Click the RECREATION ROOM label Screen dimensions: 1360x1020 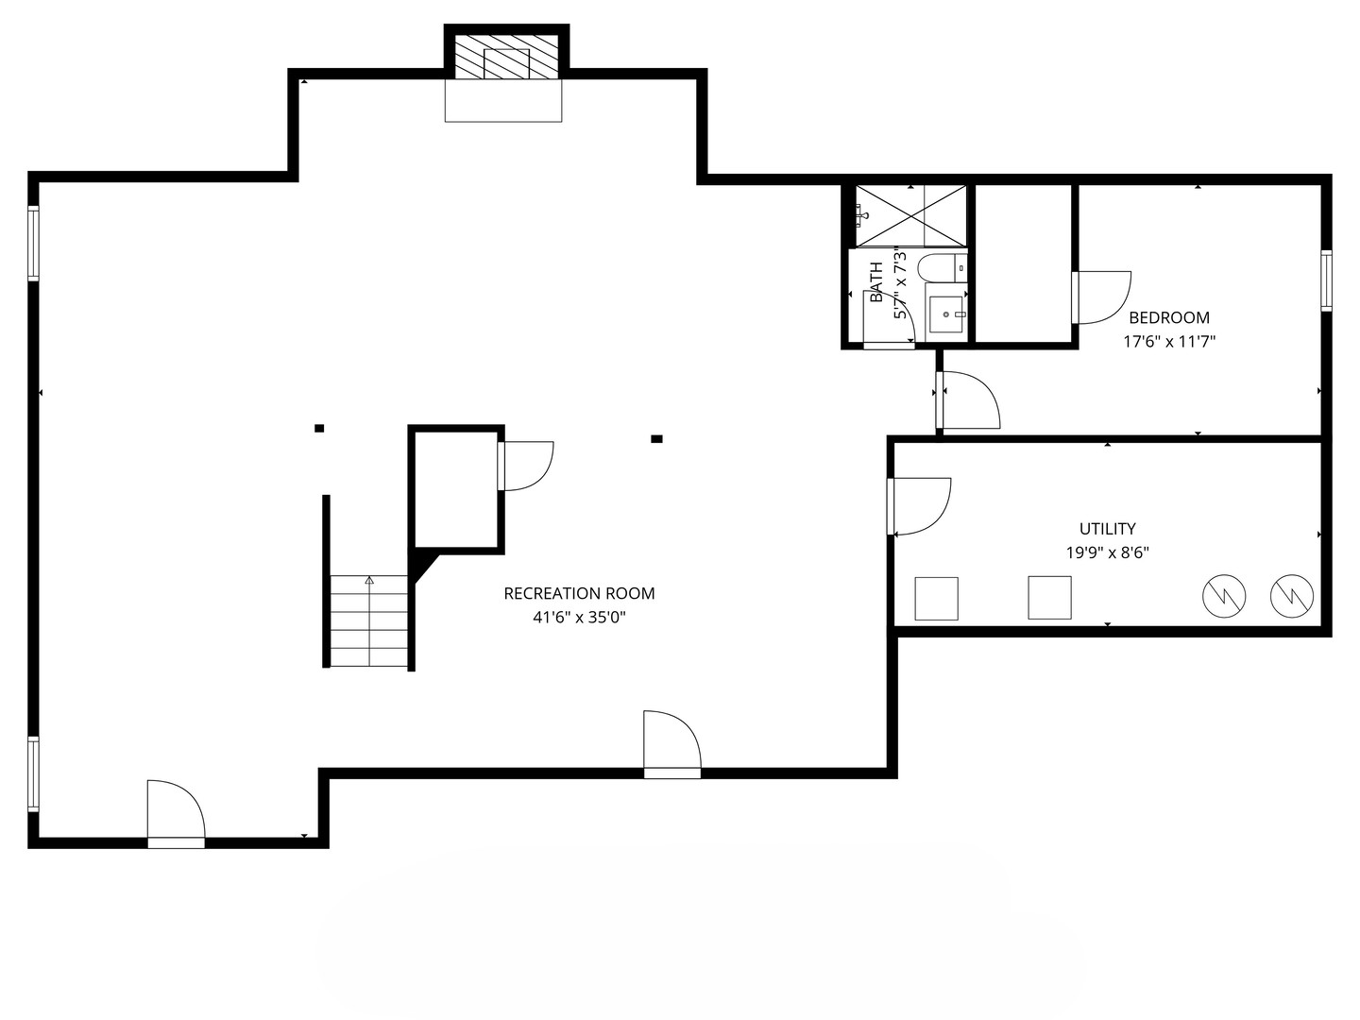click(x=579, y=593)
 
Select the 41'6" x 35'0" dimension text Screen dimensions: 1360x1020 click(x=579, y=617)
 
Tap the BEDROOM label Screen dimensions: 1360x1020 click(x=1168, y=317)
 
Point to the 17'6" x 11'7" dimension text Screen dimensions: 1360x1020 click(x=1169, y=341)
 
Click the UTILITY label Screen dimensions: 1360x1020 click(x=1107, y=529)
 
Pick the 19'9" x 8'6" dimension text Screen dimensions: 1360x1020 click(x=1107, y=552)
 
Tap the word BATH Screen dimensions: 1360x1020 click(x=876, y=281)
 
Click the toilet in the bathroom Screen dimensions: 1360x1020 click(x=942, y=267)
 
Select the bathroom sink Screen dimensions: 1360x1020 click(x=946, y=314)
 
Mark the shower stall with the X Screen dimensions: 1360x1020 click(x=910, y=216)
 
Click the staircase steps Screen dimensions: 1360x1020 click(x=368, y=620)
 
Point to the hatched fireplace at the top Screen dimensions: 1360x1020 click(x=506, y=57)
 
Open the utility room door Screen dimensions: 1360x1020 click(x=919, y=506)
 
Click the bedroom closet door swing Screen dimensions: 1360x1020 click(x=1101, y=297)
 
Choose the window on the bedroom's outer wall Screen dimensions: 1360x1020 click(x=1326, y=280)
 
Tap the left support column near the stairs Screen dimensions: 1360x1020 click(x=319, y=428)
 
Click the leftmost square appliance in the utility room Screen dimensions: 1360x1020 click(x=936, y=598)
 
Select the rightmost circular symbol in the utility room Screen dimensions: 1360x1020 click(x=1292, y=596)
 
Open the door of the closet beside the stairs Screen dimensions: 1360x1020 click(x=525, y=466)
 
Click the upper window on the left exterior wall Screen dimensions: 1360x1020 click(x=33, y=244)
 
